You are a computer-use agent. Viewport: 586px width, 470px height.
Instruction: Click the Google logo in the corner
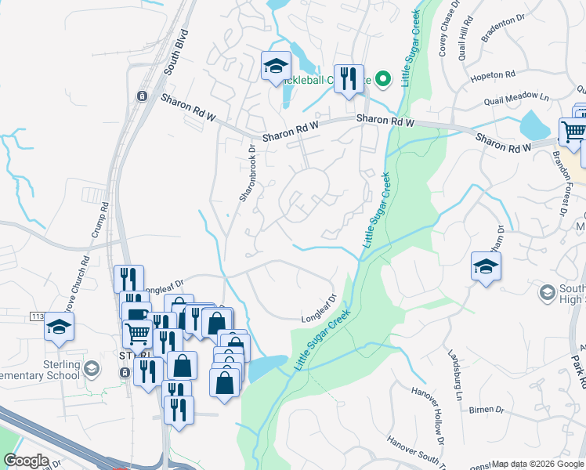tap(26, 461)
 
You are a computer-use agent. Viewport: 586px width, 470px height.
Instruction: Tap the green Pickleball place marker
tap(383, 79)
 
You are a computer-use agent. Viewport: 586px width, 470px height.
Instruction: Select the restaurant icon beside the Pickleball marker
tap(349, 78)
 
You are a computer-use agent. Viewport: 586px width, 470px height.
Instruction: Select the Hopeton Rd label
tap(493, 76)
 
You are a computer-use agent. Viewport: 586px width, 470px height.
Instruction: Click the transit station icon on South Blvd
tap(141, 96)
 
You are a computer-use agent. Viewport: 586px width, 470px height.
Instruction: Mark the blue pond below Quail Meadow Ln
tap(535, 124)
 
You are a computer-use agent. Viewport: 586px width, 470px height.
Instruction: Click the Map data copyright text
tap(537, 464)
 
